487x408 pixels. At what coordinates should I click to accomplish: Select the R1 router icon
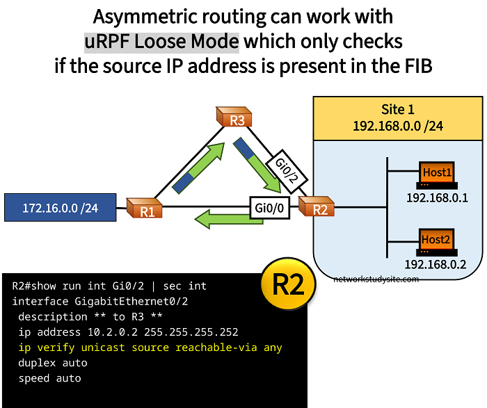(145, 208)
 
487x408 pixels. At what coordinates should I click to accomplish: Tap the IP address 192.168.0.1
(437, 198)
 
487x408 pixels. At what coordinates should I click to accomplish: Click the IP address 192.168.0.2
(436, 265)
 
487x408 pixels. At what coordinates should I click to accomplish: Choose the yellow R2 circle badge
(287, 286)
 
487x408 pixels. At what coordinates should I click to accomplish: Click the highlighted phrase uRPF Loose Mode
(161, 41)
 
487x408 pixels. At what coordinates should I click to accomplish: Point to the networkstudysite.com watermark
(376, 279)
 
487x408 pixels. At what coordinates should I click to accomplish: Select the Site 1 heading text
(397, 110)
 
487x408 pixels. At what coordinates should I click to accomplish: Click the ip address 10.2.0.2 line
(129, 332)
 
